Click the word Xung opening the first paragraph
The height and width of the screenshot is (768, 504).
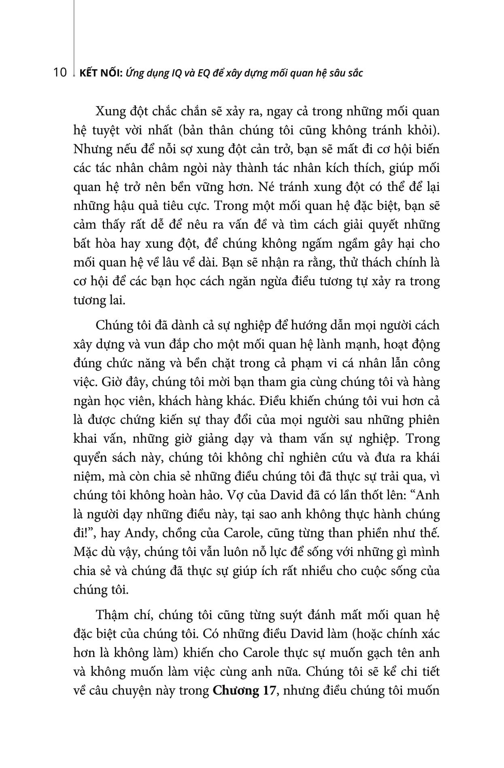[110, 112]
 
